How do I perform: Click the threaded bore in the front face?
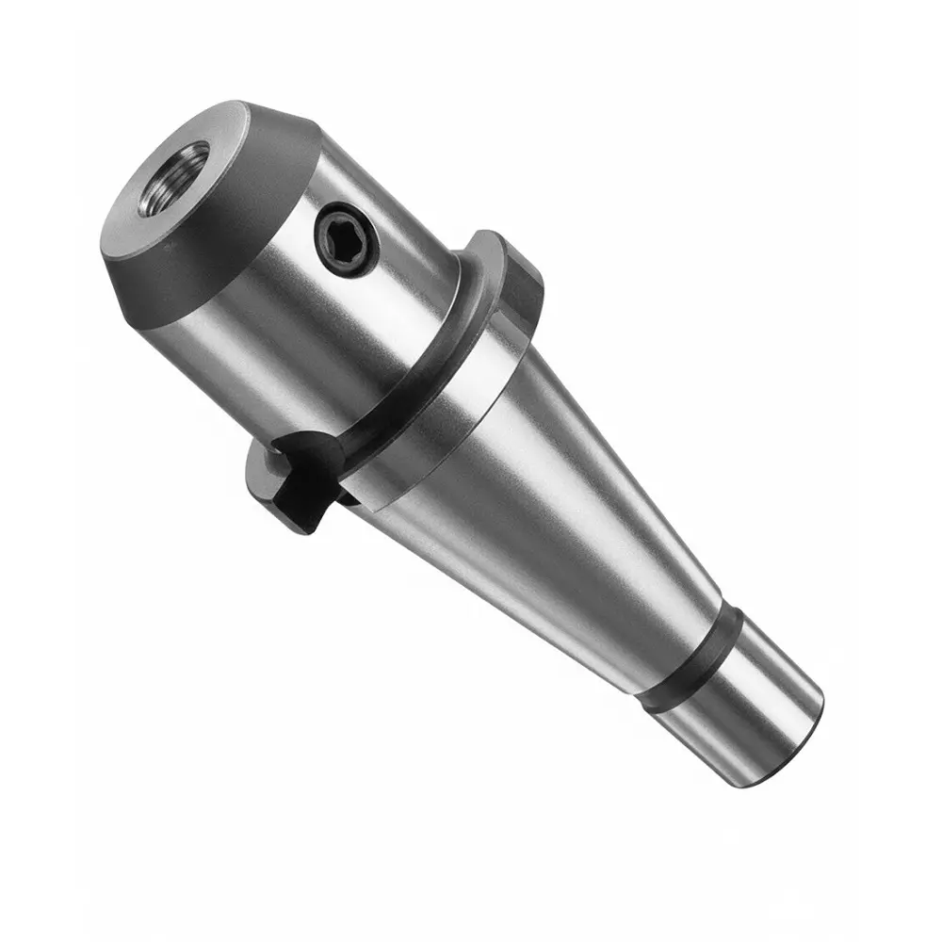(x=175, y=178)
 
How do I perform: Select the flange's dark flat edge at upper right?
(x=524, y=283)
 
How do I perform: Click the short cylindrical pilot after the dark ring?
(x=744, y=706)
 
